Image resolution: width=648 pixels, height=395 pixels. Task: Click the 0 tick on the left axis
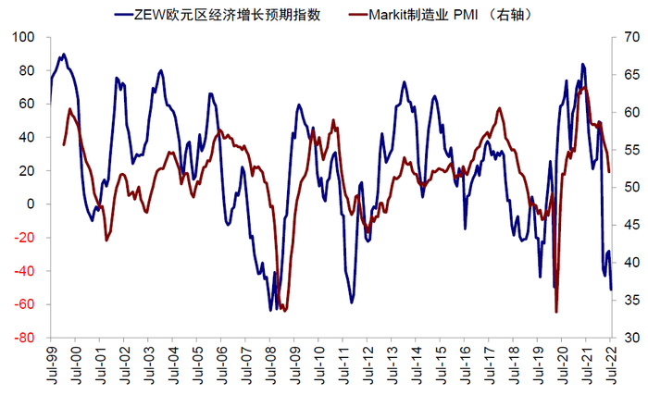click(31, 204)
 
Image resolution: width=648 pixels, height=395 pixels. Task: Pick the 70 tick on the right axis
click(621, 37)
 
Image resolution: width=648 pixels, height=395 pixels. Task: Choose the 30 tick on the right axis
click(621, 338)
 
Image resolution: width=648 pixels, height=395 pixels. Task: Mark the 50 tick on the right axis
click(621, 188)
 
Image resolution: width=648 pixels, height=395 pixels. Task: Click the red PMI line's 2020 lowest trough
click(556, 312)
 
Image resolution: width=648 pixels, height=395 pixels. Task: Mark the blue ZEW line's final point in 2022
click(611, 290)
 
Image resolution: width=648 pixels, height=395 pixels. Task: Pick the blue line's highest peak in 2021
click(582, 65)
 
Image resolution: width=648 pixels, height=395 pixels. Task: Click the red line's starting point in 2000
click(64, 144)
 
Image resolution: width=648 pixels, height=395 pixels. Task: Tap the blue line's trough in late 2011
click(352, 302)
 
